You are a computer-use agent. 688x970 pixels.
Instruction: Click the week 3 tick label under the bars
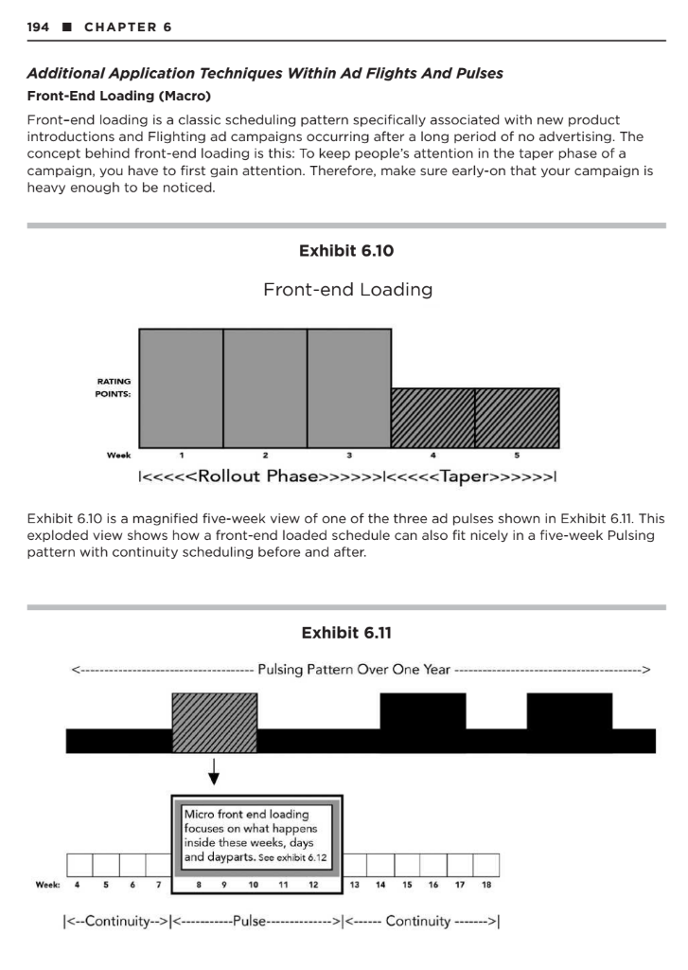[348, 456]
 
